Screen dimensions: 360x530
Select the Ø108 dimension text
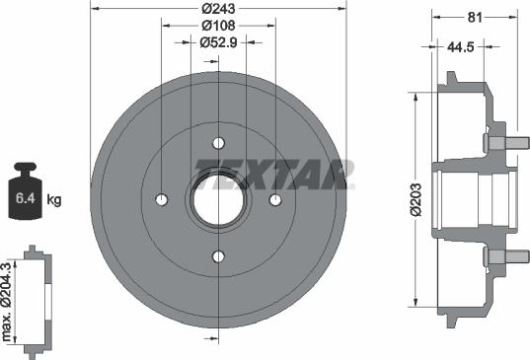[218, 26]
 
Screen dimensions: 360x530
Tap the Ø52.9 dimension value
[218, 42]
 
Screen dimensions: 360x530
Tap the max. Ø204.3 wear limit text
[9, 299]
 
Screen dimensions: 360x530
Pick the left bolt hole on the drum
[161, 200]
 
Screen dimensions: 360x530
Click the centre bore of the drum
[218, 200]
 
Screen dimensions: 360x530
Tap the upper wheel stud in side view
[499, 141]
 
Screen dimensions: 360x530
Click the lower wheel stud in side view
[499, 257]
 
